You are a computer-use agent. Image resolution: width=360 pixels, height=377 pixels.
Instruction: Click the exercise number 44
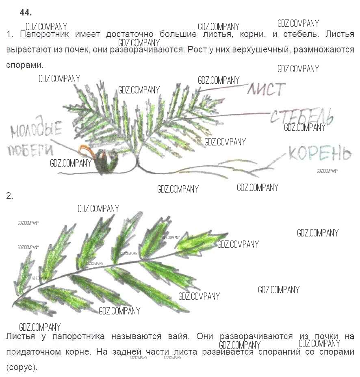point(26,12)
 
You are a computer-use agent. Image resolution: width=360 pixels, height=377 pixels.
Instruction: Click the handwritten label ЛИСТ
point(267,89)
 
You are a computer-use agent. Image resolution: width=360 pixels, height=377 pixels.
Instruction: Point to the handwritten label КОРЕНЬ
point(320,153)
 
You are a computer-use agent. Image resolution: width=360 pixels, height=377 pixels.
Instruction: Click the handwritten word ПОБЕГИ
point(30,149)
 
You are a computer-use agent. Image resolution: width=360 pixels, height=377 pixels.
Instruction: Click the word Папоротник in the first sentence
point(44,34)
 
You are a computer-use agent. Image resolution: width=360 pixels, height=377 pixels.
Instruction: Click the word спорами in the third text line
point(25,65)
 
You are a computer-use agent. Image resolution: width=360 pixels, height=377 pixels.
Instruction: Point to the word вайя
point(179,336)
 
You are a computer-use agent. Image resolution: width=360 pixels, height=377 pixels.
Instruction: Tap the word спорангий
point(280,352)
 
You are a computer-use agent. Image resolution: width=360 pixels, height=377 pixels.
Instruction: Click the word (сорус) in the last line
point(22,367)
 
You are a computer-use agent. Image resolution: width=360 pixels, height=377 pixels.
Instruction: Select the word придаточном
point(33,352)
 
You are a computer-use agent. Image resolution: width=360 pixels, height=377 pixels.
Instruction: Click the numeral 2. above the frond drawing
point(10,196)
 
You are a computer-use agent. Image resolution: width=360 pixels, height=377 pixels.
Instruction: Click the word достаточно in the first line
point(130,34)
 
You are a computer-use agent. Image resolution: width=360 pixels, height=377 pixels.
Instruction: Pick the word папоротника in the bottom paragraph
point(78,336)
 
